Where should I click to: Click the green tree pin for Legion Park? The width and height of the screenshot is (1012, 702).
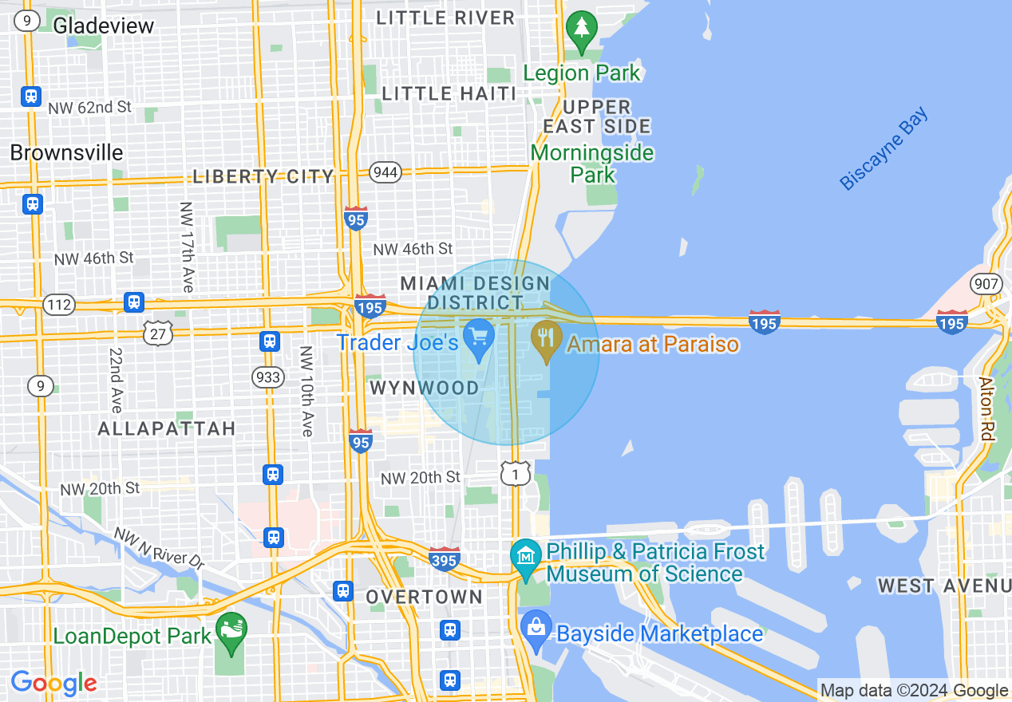tap(582, 29)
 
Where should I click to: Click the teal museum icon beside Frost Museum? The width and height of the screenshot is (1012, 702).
tap(525, 553)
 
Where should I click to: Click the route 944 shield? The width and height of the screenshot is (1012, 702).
tap(385, 172)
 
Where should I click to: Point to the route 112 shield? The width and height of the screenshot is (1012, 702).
tap(60, 304)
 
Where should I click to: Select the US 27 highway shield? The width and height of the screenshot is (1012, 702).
tap(158, 333)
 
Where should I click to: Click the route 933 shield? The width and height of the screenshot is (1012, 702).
tap(267, 376)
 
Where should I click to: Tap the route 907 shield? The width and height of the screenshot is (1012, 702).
tap(986, 282)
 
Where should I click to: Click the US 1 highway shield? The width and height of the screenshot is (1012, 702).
tap(516, 474)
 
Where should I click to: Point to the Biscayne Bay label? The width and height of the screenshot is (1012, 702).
tap(884, 149)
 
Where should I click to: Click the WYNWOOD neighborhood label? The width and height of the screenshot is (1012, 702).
tap(425, 388)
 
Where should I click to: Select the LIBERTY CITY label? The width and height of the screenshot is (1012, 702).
tap(263, 176)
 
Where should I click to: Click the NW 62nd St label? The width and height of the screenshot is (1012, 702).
tap(89, 106)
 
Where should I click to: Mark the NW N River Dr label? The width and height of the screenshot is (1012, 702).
tap(159, 547)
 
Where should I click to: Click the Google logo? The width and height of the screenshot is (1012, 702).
tap(53, 683)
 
